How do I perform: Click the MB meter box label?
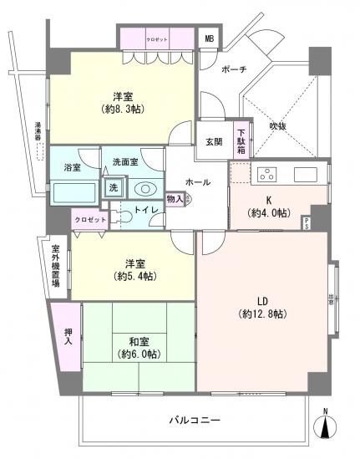(209, 38)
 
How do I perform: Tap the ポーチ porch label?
(233, 69)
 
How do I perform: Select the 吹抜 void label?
(278, 126)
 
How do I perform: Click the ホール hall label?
(197, 182)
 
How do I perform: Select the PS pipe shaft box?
(307, 223)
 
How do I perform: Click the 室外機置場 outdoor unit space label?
(55, 266)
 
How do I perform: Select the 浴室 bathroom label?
(73, 167)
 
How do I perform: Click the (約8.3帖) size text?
(124, 109)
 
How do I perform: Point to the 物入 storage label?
(174, 199)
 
